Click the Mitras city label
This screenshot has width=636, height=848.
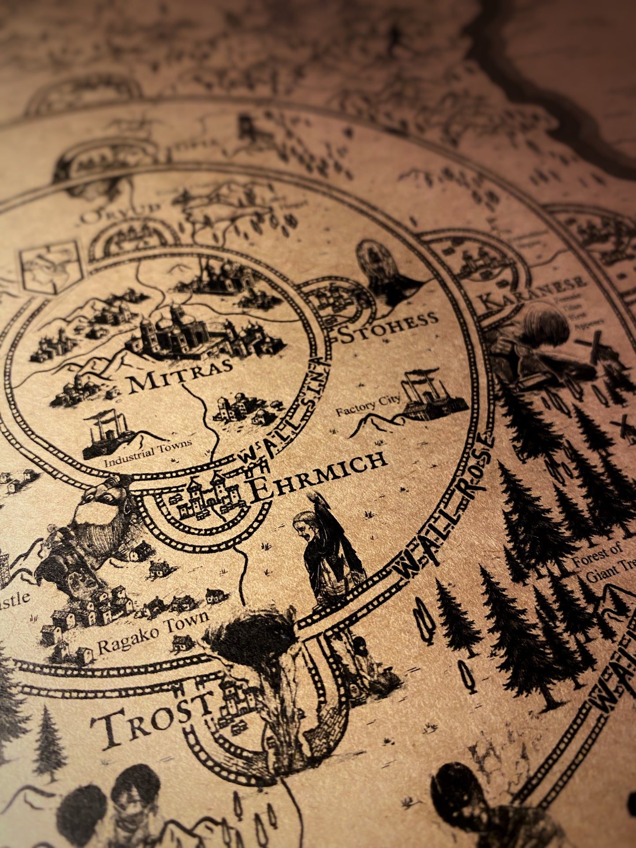(180, 377)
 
